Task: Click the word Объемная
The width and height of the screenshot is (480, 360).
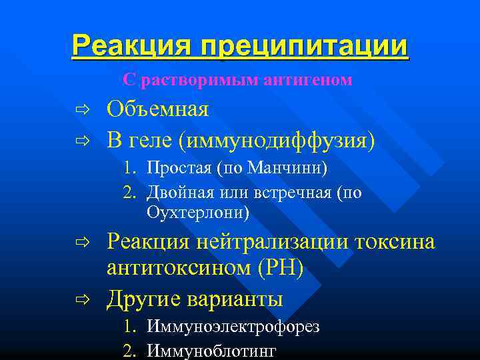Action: (158, 109)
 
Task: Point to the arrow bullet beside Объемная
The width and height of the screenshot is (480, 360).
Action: (82, 109)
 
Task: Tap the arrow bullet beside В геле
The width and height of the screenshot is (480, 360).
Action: (82, 141)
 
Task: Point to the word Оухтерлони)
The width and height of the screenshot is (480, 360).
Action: (198, 213)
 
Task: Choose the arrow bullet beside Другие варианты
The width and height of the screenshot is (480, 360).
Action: (82, 299)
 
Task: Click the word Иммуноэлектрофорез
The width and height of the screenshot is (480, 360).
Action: (233, 327)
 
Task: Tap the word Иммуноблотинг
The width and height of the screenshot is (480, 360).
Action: (211, 351)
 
